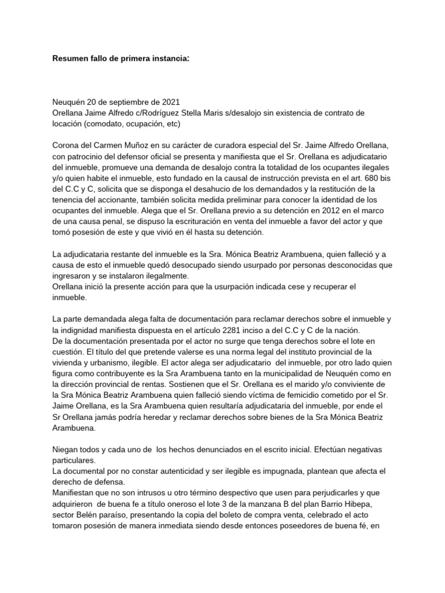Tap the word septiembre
click(x=120, y=101)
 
